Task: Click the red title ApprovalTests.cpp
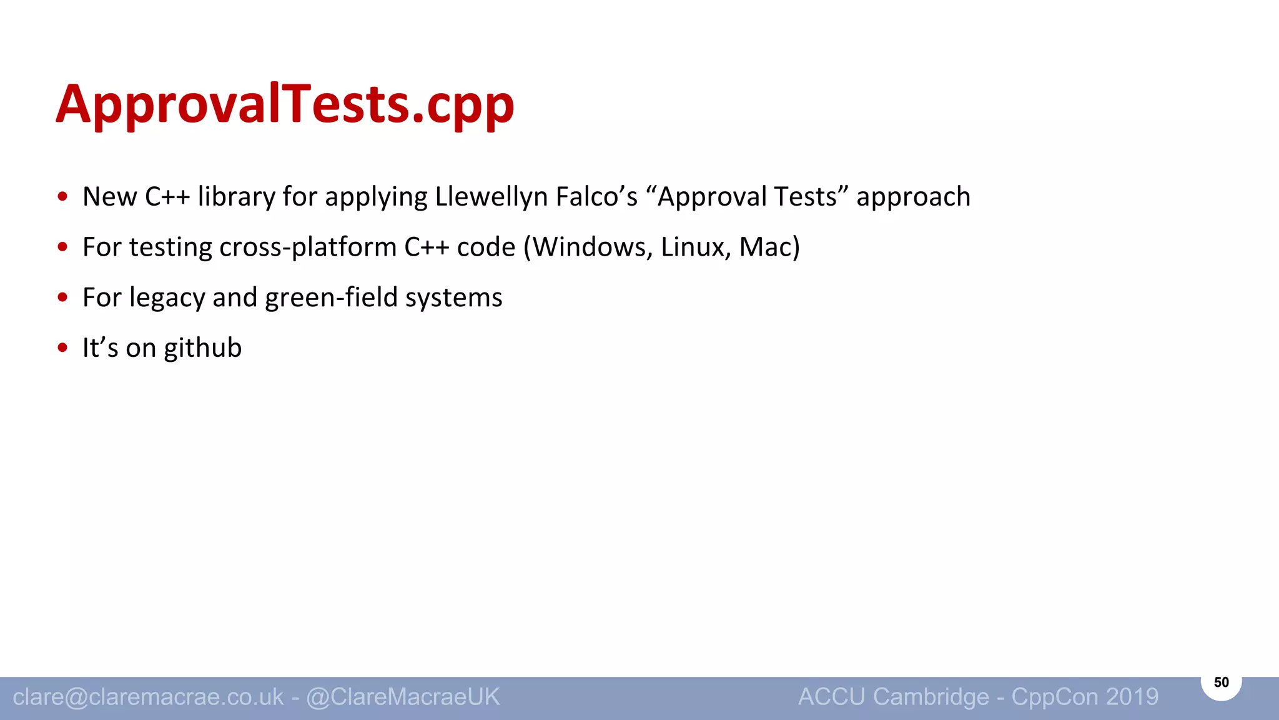coord(285,104)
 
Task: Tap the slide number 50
coord(1221,682)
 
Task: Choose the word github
coord(202,348)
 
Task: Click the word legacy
coord(167,298)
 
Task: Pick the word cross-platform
coord(308,247)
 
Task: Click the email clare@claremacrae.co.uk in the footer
coord(148,697)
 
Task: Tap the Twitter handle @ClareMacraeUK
coord(403,697)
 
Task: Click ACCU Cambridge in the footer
coord(893,697)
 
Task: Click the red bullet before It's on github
coord(62,347)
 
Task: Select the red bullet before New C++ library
coord(62,197)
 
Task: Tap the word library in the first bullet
coord(236,197)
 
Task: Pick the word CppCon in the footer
coord(1055,697)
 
